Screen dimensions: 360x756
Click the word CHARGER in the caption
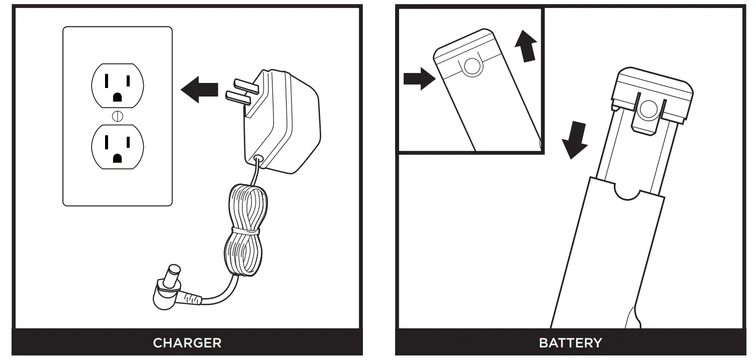pos(187,343)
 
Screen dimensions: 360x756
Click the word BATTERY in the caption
pos(570,343)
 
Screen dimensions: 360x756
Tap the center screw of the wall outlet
pos(118,116)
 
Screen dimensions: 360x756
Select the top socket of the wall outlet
pos(118,85)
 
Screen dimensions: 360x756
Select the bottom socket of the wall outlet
pos(118,147)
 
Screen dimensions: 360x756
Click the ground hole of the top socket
pos(118,97)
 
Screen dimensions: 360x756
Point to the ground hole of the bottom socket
pos(118,158)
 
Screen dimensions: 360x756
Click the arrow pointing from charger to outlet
pos(200,90)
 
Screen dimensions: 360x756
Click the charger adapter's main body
pos(284,121)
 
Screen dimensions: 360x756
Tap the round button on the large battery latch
pos(648,108)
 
